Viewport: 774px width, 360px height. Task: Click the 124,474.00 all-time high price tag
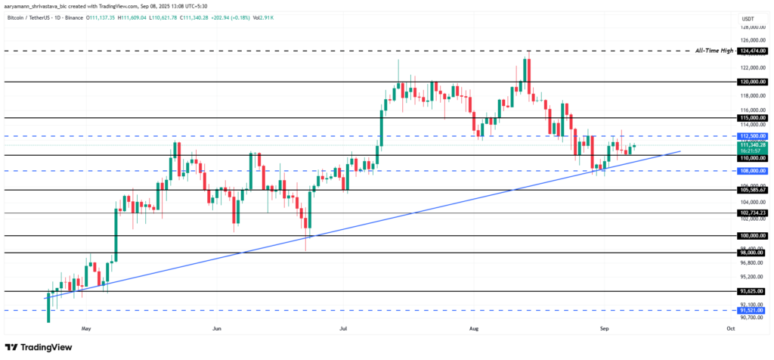click(x=751, y=51)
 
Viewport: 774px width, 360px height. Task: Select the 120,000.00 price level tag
click(x=751, y=81)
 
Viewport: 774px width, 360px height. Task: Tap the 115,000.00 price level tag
click(x=751, y=118)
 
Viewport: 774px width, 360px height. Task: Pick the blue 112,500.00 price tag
click(x=751, y=136)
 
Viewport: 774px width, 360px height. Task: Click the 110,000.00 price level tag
click(x=751, y=158)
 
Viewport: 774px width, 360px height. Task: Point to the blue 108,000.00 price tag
click(x=751, y=171)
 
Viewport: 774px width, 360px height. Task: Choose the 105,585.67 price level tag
click(x=751, y=190)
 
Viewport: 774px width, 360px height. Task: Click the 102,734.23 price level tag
click(x=751, y=213)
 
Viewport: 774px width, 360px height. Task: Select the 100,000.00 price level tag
click(x=751, y=236)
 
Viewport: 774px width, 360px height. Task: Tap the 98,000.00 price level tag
click(x=751, y=253)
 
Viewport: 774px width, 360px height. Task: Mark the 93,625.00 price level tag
click(x=751, y=291)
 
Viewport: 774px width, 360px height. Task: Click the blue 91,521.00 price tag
click(x=751, y=310)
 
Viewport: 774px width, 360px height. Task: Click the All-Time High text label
click(x=715, y=51)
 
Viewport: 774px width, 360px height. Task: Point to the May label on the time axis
click(x=85, y=329)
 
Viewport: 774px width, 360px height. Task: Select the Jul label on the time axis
click(x=344, y=329)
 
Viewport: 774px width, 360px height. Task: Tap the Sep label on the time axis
click(x=604, y=329)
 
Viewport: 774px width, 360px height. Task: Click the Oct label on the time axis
click(x=730, y=329)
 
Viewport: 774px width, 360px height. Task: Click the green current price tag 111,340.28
click(x=751, y=144)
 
